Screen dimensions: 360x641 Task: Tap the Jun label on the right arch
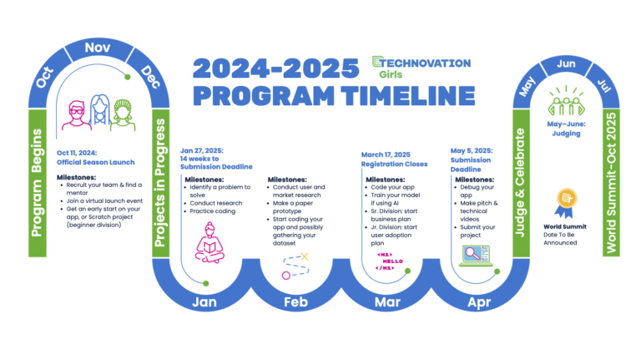pyautogui.click(x=565, y=63)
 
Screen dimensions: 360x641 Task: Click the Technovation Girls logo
pyautogui.click(x=421, y=66)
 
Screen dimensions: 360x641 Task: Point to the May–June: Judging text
pyautogui.click(x=566, y=127)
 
